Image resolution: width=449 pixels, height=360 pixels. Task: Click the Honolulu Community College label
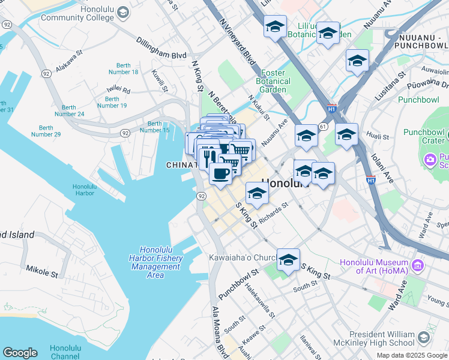pos(78,13)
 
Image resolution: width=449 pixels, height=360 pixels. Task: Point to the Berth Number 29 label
pos(46,131)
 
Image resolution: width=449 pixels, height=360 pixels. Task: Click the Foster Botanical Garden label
pos(273,82)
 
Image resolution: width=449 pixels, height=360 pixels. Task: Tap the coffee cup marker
pos(220,175)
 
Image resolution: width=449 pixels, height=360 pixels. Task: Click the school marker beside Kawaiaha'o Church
pos(288,259)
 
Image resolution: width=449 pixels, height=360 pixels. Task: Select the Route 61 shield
pos(322,126)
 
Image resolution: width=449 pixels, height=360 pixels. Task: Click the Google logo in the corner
pos(20,353)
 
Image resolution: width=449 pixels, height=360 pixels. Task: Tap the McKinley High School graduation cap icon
pos(424,338)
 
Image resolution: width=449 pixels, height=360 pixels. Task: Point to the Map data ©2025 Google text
pos(411,355)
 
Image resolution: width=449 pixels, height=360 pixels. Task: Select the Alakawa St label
pos(69,62)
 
